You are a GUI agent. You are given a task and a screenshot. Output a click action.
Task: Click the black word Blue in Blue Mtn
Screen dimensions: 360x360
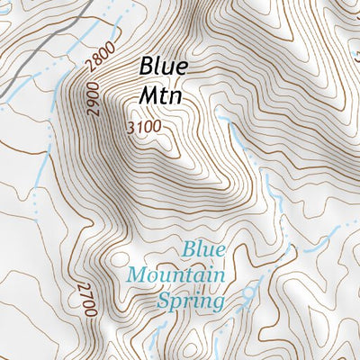point(163,67)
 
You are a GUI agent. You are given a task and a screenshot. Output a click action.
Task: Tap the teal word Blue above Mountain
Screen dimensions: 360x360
point(202,248)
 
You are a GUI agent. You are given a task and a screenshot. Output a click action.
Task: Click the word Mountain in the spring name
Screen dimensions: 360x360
point(175,274)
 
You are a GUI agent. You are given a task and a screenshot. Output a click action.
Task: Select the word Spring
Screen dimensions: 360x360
point(190,301)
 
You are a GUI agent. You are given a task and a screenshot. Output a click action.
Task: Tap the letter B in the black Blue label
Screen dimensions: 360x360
point(146,67)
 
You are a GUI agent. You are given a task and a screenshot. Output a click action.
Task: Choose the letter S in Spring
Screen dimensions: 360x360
point(165,301)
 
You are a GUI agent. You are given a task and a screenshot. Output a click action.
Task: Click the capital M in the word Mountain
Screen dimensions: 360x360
point(137,274)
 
